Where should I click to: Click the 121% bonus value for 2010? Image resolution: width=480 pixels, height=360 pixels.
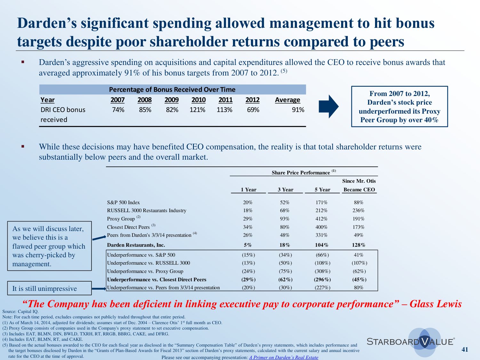197,110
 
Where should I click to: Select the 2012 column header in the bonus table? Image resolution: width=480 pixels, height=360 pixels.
252,100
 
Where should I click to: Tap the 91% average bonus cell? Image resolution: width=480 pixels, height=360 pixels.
298,110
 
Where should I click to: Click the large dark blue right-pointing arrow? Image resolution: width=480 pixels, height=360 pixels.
328,107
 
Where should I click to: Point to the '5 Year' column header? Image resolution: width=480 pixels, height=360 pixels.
322,189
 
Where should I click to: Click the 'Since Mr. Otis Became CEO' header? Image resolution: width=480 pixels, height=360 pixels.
359,185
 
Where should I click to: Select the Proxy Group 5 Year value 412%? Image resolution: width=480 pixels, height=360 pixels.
321,219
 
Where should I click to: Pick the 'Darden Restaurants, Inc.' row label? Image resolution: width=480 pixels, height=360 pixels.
136,245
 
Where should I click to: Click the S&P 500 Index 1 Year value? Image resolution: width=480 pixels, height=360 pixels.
248,203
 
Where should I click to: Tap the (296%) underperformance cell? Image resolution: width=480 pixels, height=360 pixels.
322,279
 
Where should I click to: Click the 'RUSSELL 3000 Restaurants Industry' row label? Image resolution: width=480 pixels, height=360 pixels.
147,211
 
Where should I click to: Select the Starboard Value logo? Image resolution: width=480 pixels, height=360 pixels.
411,341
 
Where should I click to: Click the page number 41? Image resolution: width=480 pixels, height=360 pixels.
465,349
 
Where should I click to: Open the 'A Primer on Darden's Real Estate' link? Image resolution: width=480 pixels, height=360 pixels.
284,357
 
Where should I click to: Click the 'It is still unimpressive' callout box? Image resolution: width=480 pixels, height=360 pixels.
49,288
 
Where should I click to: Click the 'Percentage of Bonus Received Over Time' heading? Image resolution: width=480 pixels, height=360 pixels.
172,90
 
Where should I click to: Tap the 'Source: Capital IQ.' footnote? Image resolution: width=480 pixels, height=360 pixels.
20,311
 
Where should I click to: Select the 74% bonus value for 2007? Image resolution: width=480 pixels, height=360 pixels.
118,110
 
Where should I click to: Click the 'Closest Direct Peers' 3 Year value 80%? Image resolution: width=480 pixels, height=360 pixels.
284,227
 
